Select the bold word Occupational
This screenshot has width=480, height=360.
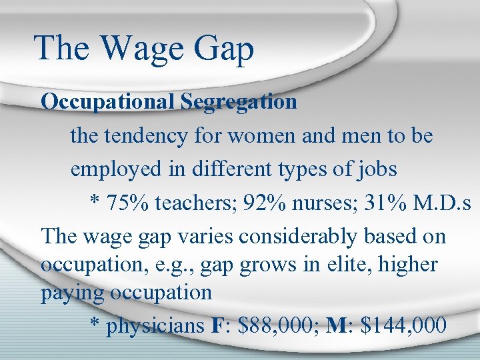pyautogui.click(x=108, y=102)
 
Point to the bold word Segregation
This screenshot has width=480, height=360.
pyautogui.click(x=239, y=102)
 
